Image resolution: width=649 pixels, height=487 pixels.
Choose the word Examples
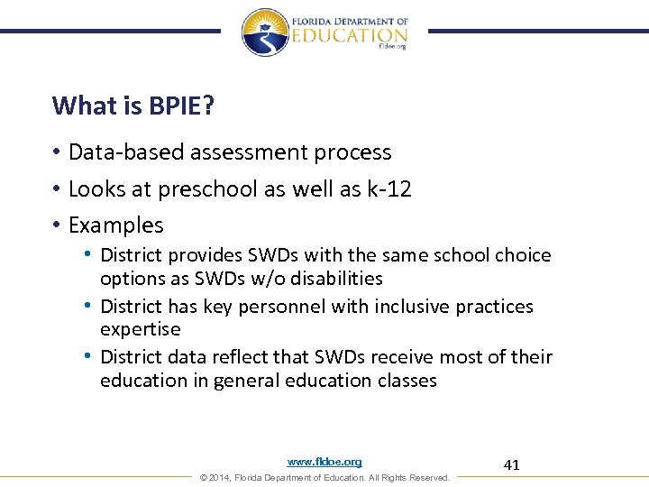(116, 225)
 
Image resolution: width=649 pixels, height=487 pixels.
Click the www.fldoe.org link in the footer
(324, 462)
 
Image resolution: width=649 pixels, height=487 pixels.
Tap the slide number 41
(511, 465)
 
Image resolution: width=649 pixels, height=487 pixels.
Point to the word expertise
(140, 329)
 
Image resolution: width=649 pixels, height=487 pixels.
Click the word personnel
(283, 307)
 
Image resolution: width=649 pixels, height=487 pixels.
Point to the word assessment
(261, 152)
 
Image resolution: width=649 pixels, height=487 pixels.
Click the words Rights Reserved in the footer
(416, 477)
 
